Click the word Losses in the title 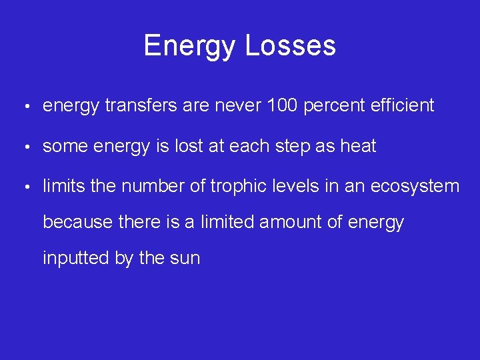[290, 46]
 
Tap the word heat [358, 146]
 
